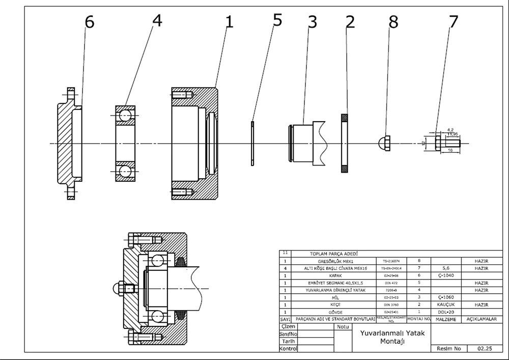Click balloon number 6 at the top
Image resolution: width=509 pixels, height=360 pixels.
(89, 23)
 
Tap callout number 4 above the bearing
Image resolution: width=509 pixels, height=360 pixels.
(157, 22)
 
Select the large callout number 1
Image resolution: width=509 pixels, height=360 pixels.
(229, 22)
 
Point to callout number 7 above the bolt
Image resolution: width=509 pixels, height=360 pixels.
(453, 22)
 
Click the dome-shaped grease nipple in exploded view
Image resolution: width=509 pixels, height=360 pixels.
(385, 143)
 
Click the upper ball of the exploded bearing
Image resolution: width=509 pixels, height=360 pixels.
(125, 117)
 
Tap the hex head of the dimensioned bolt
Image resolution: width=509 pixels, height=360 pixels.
(439, 143)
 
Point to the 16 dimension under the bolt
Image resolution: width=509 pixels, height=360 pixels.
(450, 151)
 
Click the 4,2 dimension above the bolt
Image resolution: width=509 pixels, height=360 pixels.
(450, 130)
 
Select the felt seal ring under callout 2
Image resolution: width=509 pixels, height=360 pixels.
(345, 143)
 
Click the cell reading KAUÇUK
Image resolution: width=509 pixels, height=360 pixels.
(445, 304)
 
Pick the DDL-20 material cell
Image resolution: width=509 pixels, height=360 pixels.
(445, 312)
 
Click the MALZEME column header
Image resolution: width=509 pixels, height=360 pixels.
(445, 319)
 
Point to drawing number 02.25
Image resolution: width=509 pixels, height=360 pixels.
(485, 349)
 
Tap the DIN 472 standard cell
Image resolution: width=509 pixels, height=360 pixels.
(391, 283)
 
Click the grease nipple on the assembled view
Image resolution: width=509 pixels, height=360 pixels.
(123, 289)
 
